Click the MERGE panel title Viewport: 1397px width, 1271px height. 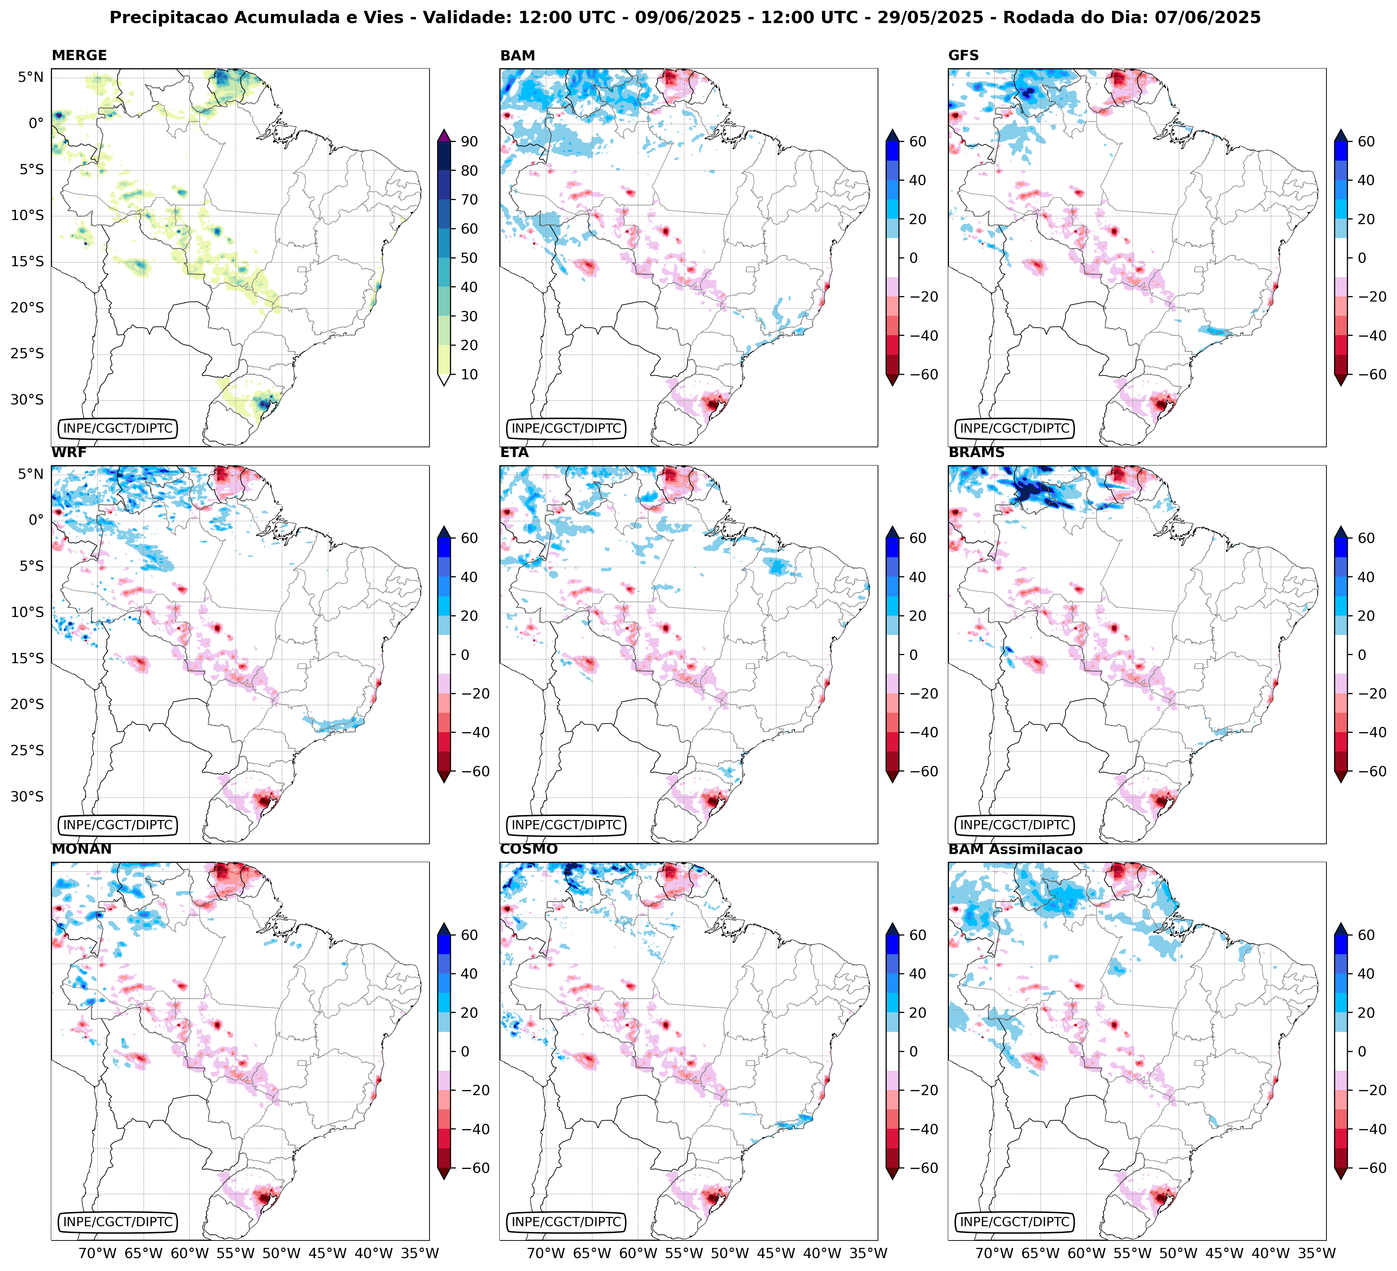click(79, 55)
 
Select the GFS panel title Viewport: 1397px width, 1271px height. click(963, 55)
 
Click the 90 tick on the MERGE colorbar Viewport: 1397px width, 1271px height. click(469, 141)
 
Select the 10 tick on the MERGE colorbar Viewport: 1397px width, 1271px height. click(469, 374)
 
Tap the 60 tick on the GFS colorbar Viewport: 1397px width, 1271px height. click(1366, 141)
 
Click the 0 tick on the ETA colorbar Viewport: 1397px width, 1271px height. click(913, 655)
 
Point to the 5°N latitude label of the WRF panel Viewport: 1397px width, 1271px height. click(31, 474)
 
